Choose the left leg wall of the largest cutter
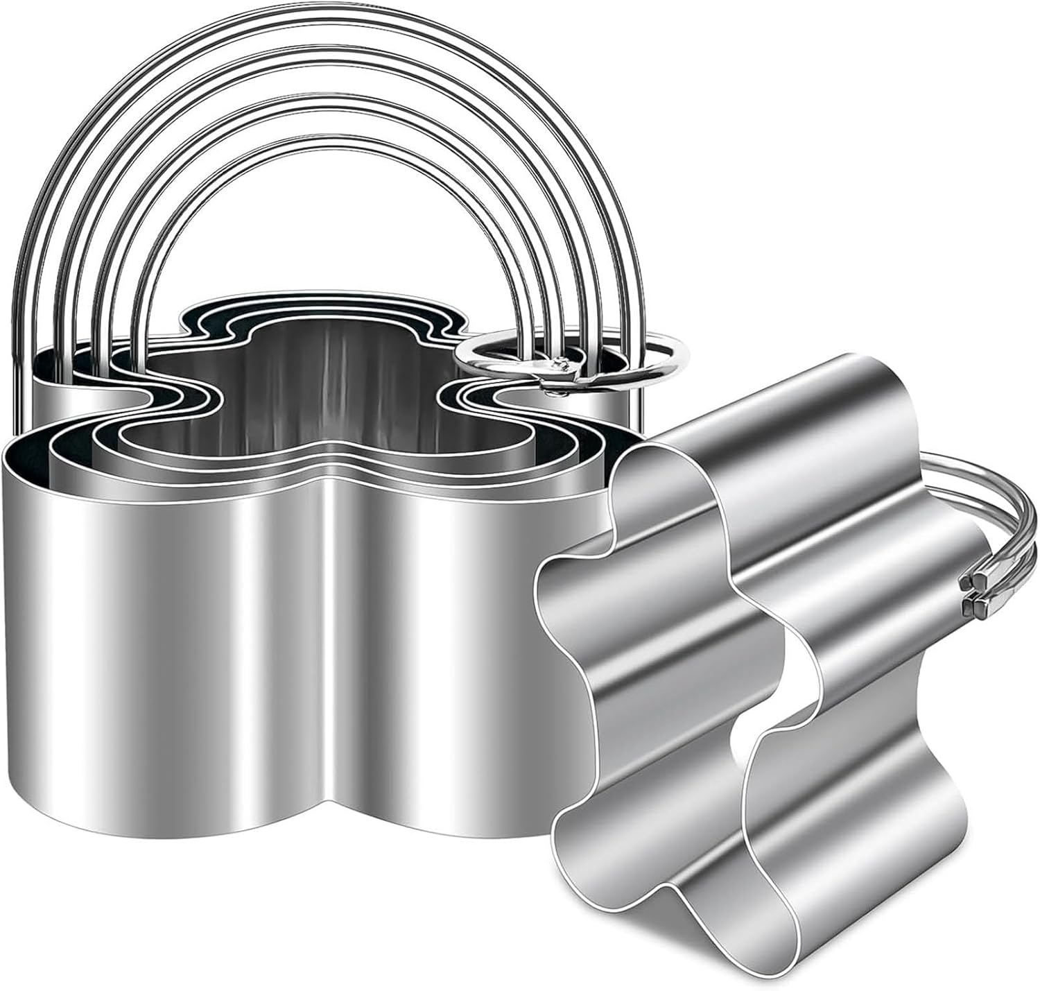click(x=173, y=659)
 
